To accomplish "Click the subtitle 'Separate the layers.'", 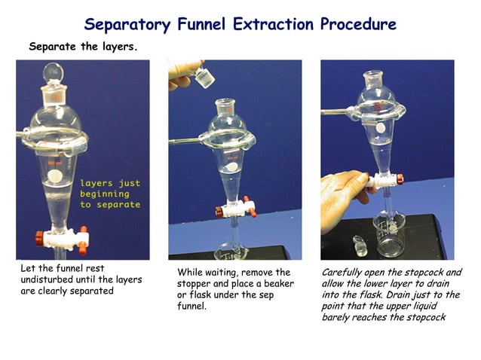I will [x=83, y=46].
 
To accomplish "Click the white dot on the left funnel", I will [x=54, y=176].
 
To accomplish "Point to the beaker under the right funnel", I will [x=391, y=239].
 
